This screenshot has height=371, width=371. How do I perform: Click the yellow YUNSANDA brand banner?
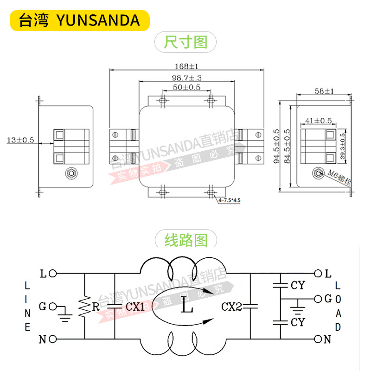click(x=79, y=20)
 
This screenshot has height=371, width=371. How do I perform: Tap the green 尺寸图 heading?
click(x=185, y=43)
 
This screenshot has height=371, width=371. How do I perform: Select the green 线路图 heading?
click(x=185, y=240)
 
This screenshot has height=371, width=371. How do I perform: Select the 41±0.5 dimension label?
click(x=319, y=121)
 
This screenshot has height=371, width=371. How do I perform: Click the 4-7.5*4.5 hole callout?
click(x=230, y=201)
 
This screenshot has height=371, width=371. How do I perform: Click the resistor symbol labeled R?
click(x=85, y=306)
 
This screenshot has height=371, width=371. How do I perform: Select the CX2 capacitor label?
click(x=232, y=307)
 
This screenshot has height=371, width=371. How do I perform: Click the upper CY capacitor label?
click(x=297, y=285)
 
